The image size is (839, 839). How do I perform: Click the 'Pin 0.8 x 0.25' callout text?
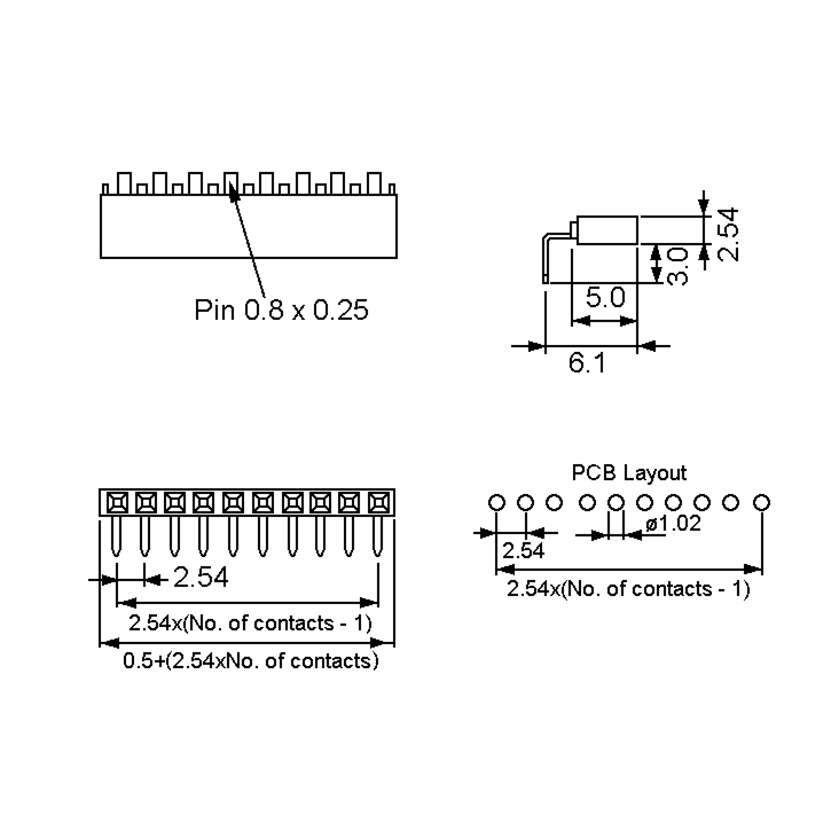tap(281, 310)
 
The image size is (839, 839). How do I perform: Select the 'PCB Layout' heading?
tap(629, 473)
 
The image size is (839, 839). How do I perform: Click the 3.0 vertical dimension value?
tap(677, 266)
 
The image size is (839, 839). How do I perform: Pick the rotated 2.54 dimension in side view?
tap(728, 235)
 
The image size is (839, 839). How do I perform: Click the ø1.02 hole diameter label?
tap(673, 523)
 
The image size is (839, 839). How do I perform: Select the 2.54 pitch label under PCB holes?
tap(523, 551)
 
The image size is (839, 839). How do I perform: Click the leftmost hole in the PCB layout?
tap(497, 502)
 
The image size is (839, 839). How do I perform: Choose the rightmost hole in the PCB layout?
tap(761, 502)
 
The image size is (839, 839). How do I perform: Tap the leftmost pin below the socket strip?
tap(116, 536)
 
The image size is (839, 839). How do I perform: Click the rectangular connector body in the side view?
tap(607, 230)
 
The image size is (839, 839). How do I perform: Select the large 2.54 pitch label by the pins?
tap(201, 578)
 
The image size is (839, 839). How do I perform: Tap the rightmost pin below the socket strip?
tap(378, 536)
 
